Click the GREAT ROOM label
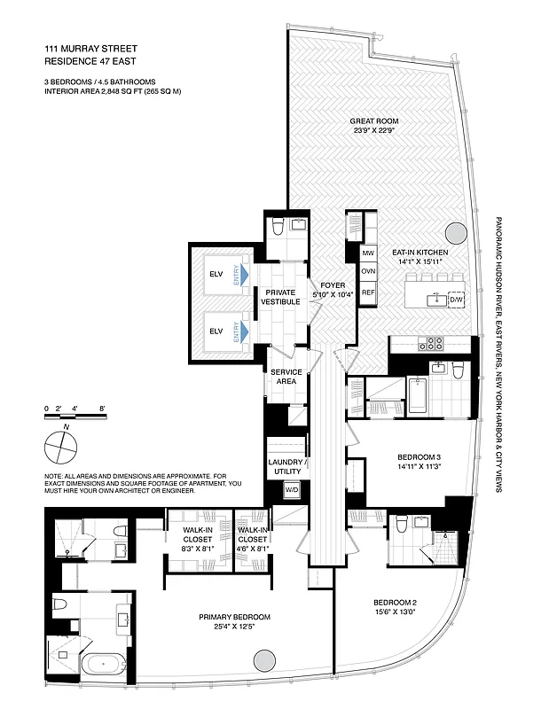coord(373,121)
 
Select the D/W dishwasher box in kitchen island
coord(456,300)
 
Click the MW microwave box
coord(368,253)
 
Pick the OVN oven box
coord(368,273)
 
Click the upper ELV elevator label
coord(216,273)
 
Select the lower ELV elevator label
coord(216,330)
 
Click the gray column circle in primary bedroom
coord(264,660)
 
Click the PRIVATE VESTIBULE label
coord(280,296)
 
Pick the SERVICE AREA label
coord(286,376)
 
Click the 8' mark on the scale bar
coord(103,409)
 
